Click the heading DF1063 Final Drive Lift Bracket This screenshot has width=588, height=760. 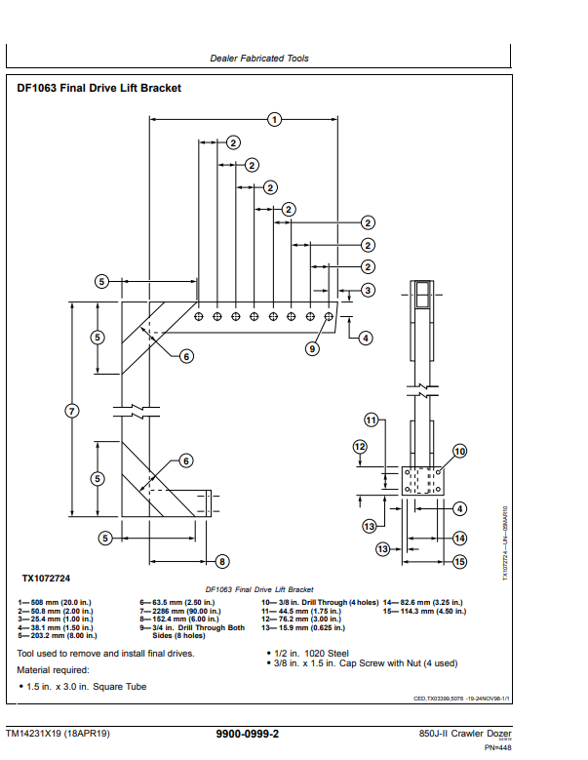pyautogui.click(x=99, y=89)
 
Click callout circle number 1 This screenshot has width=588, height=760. pyautogui.click(x=275, y=119)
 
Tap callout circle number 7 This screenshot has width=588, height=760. pyautogui.click(x=71, y=410)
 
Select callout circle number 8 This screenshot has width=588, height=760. pyautogui.click(x=222, y=561)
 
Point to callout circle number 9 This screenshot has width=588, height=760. pyautogui.click(x=313, y=348)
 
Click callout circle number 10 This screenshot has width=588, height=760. pyautogui.click(x=459, y=451)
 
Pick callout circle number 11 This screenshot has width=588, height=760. pyautogui.click(x=372, y=420)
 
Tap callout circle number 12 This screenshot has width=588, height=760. pyautogui.click(x=360, y=447)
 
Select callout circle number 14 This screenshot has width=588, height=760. pyautogui.click(x=460, y=538)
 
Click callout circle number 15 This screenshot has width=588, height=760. pyautogui.click(x=460, y=561)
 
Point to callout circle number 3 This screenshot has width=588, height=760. pyautogui.click(x=368, y=290)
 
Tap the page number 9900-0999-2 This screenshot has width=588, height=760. pyautogui.click(x=247, y=734)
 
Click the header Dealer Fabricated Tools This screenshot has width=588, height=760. pyautogui.click(x=259, y=59)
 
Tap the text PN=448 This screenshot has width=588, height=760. pyautogui.click(x=497, y=747)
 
